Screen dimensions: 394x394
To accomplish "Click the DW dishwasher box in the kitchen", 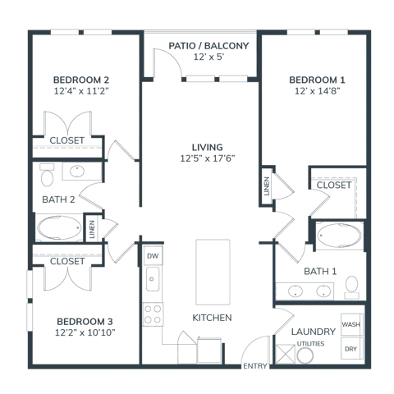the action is pyautogui.click(x=153, y=255).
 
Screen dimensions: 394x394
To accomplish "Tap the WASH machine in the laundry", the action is pyautogui.click(x=352, y=324).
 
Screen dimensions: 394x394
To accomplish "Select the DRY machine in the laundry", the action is pyautogui.click(x=352, y=348).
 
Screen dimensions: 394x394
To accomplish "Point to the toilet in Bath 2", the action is pyautogui.click(x=47, y=175).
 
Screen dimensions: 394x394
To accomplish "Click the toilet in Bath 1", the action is pyautogui.click(x=352, y=287).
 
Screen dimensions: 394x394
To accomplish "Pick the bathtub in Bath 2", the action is pyautogui.click(x=59, y=227).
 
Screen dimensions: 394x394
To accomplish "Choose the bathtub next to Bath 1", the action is pyautogui.click(x=339, y=236).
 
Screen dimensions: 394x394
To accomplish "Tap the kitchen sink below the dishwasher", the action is pyautogui.click(x=153, y=279).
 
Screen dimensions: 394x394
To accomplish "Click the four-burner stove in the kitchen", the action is pyautogui.click(x=153, y=314).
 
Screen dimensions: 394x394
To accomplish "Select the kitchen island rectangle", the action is pyautogui.click(x=213, y=273).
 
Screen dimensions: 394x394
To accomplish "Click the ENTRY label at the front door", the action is pyautogui.click(x=255, y=366).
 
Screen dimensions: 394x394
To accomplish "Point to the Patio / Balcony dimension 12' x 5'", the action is pyautogui.click(x=208, y=57).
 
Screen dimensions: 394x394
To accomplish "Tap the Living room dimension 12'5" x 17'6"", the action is pyautogui.click(x=208, y=158).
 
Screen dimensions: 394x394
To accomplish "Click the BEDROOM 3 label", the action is pyautogui.click(x=85, y=321).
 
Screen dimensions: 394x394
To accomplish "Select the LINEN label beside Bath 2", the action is pyautogui.click(x=92, y=229).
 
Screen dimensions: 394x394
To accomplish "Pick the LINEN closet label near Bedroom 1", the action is pyautogui.click(x=267, y=186).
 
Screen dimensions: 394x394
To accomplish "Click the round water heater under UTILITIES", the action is pyautogui.click(x=305, y=355).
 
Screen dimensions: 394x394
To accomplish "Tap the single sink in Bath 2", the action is pyautogui.click(x=77, y=172).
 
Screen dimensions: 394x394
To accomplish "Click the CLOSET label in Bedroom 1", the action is pyautogui.click(x=334, y=185).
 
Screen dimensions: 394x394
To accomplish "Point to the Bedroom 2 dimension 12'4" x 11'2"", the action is pyautogui.click(x=81, y=91).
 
